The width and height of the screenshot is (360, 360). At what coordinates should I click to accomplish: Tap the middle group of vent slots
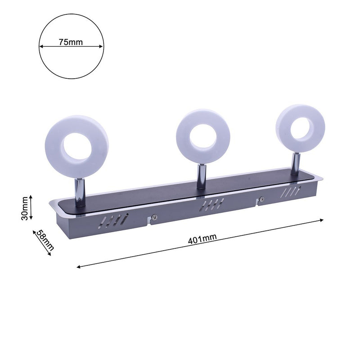pyautogui.click(x=213, y=204)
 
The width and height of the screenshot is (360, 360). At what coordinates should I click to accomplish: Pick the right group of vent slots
pyautogui.click(x=290, y=191)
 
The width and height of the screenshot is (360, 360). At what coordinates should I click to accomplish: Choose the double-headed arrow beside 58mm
pyautogui.click(x=41, y=243)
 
